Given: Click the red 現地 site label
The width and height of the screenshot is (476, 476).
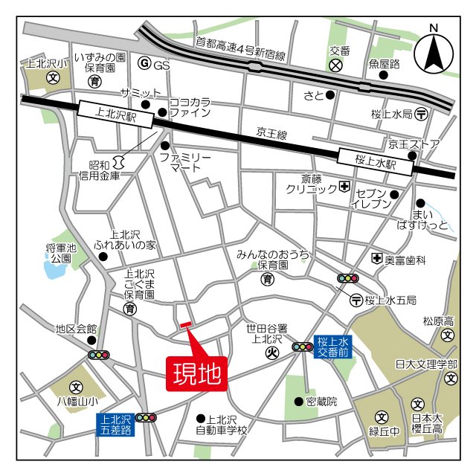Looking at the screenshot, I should [x=197, y=373].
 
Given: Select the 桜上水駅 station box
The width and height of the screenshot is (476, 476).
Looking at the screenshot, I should [x=376, y=159].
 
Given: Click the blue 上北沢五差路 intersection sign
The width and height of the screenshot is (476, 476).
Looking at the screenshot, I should [x=116, y=423].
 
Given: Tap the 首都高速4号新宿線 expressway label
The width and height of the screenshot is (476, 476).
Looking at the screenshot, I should [x=240, y=49].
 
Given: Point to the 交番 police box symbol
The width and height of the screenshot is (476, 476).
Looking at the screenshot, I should [x=336, y=65].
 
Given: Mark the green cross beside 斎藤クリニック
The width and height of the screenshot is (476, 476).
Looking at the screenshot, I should [x=344, y=187].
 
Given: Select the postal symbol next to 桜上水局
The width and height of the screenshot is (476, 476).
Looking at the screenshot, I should [x=422, y=114].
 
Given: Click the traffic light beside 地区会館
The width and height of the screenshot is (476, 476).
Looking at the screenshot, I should [x=99, y=355].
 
